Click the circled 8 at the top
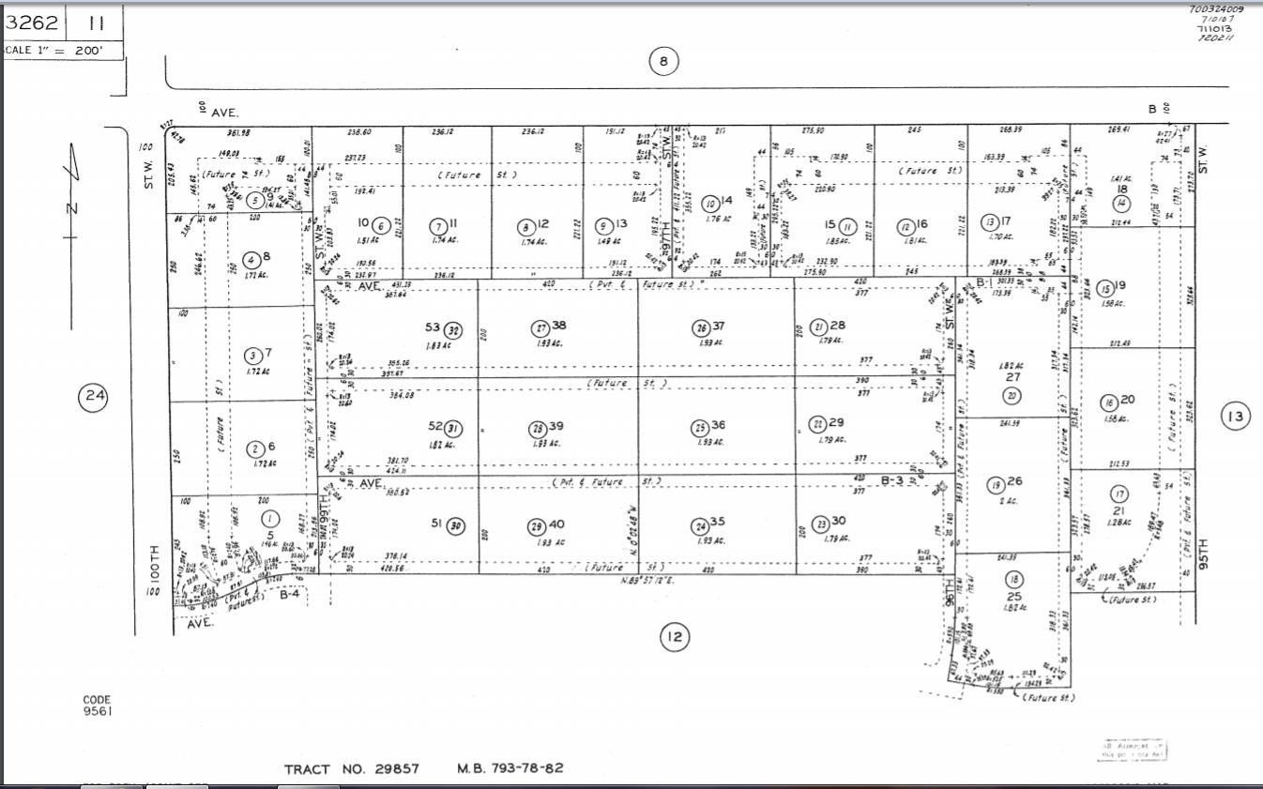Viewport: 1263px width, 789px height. (663, 62)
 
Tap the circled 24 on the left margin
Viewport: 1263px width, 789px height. (93, 397)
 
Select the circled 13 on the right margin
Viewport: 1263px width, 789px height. (1236, 416)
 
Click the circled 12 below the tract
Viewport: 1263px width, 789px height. (674, 638)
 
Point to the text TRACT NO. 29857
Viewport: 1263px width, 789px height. (352, 769)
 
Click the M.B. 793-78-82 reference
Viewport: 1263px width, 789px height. (510, 768)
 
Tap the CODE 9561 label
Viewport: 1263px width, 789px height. (98, 706)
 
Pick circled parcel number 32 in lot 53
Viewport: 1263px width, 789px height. (454, 329)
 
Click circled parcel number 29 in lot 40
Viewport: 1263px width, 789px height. (536, 525)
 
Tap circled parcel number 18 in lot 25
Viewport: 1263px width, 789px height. (1013, 579)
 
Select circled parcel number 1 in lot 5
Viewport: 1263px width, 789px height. (270, 519)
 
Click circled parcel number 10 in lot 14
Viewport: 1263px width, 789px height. (710, 203)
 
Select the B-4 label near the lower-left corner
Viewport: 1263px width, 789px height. (292, 593)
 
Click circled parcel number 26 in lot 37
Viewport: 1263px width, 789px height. (700, 328)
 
